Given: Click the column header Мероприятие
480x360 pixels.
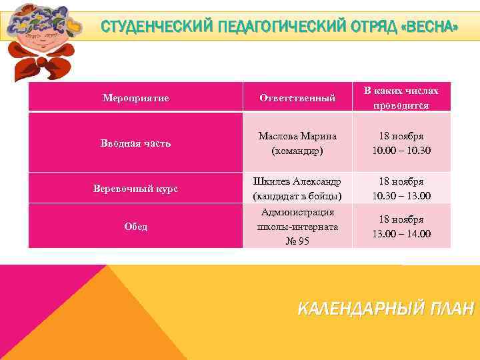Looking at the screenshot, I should tap(135, 98).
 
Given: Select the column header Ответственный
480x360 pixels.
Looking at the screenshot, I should tap(297, 98).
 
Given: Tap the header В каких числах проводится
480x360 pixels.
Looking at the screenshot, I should tap(401, 97).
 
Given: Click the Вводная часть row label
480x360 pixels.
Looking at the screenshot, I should tap(135, 143).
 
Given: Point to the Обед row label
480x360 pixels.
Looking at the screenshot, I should tap(135, 227).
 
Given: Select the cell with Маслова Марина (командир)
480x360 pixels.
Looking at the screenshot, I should tap(297, 143).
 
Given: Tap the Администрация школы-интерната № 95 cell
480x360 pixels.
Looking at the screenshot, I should tap(297, 227).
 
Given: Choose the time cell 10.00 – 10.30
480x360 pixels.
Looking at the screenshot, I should tap(401, 143).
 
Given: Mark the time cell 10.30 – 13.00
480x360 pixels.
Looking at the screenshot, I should tap(401, 189).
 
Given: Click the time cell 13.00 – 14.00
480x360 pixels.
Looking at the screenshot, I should tap(401, 227).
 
